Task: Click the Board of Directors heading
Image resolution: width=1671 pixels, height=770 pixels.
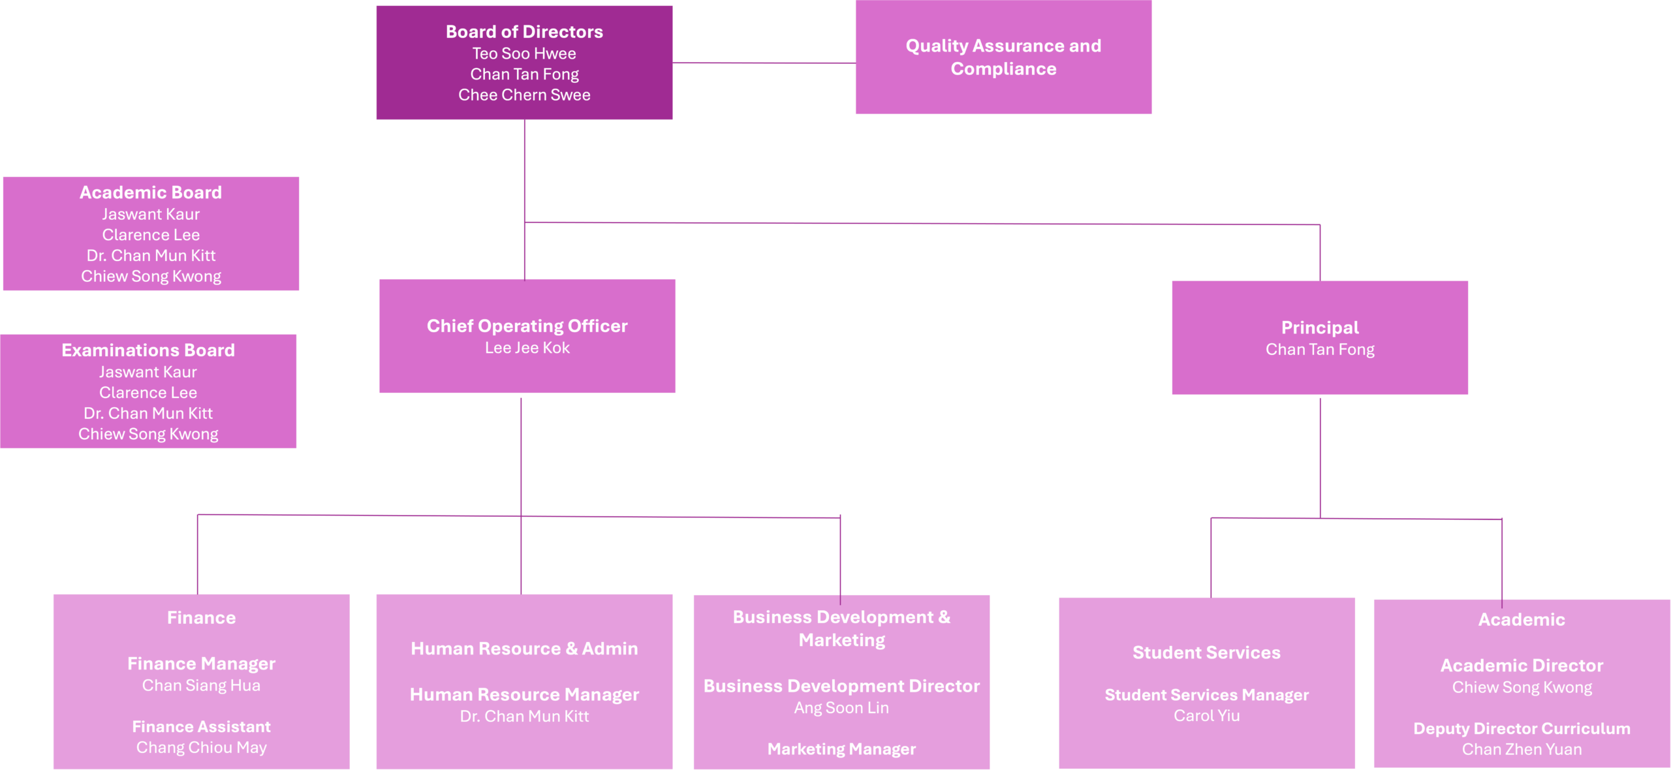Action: (524, 32)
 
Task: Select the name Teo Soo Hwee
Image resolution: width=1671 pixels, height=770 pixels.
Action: (524, 54)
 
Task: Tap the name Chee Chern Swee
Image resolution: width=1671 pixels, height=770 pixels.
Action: (524, 95)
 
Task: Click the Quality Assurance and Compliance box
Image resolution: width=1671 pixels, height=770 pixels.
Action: (1003, 57)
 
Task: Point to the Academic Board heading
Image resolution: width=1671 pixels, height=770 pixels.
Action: (151, 192)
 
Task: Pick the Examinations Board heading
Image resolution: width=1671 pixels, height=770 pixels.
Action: (148, 350)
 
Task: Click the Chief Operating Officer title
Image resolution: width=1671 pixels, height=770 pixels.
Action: (527, 326)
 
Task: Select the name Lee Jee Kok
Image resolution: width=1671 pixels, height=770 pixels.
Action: (527, 348)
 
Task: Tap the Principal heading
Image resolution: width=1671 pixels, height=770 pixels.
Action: (1320, 328)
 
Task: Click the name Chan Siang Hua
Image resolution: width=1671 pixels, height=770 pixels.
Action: (201, 685)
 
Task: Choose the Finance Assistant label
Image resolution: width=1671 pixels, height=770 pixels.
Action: (201, 727)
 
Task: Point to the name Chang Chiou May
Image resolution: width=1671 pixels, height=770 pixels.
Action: (201, 748)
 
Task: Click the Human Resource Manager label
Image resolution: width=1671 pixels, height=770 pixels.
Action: (524, 694)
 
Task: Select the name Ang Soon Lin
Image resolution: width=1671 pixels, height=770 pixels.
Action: (841, 708)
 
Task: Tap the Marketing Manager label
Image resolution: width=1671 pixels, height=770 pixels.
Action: (841, 749)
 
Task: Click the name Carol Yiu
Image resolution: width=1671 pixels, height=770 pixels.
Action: (1206, 716)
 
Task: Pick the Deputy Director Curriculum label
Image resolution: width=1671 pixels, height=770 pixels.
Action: (1522, 729)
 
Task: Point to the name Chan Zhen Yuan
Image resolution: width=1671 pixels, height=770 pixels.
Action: (1522, 750)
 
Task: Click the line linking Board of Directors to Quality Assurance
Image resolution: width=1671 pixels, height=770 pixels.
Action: (764, 63)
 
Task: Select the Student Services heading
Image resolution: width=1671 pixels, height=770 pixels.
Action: (1206, 653)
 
